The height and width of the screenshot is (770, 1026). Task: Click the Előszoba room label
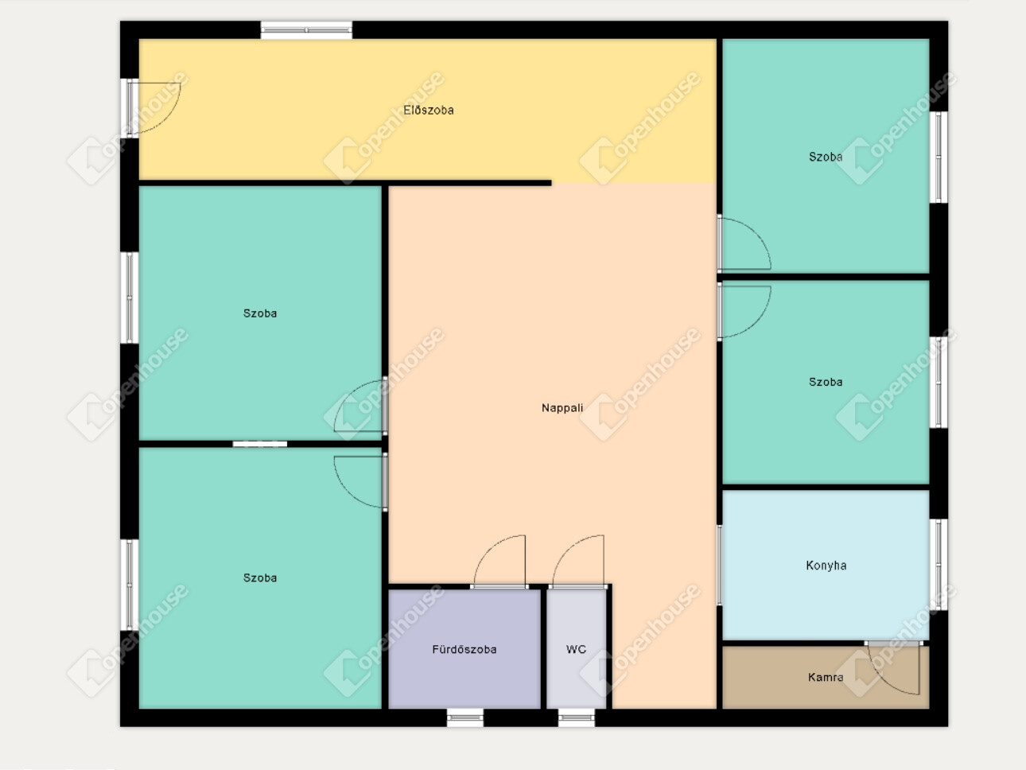click(428, 111)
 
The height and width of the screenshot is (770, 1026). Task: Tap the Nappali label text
click(562, 408)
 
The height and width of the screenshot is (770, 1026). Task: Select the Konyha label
click(826, 566)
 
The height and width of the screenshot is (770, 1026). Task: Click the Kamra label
click(826, 677)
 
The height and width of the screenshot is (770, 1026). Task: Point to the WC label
click(576, 649)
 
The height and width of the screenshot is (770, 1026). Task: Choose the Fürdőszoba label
click(464, 649)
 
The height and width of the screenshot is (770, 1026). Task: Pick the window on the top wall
click(306, 30)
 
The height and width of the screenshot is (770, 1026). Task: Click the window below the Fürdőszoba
click(465, 717)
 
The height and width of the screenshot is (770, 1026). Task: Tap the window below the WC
click(577, 717)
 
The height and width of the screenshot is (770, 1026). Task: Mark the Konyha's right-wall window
click(939, 564)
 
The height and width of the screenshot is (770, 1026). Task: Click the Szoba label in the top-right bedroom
click(826, 157)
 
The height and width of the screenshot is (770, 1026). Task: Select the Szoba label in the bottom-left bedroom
click(260, 577)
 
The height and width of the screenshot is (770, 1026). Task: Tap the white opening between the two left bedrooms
click(260, 444)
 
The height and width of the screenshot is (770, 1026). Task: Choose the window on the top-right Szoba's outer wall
click(939, 157)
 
